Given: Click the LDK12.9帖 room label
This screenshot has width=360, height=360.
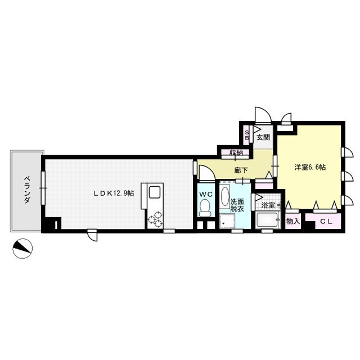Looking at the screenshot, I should [114, 193].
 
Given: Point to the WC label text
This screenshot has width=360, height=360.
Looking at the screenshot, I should [205, 194].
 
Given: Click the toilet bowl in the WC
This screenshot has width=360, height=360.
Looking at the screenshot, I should [205, 209].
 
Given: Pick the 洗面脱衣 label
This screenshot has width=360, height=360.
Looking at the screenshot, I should [237, 205].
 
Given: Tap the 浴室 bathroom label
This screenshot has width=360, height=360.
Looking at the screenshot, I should [267, 205].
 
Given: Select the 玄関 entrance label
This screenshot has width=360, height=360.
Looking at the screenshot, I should [263, 137].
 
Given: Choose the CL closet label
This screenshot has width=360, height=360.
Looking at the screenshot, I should [326, 221].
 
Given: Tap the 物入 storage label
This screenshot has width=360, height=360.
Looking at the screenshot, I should [293, 221].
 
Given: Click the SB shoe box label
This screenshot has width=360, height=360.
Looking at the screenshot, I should [246, 136].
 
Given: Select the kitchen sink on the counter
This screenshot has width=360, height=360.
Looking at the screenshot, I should [153, 192].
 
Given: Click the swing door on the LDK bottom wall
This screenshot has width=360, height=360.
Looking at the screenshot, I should [92, 236].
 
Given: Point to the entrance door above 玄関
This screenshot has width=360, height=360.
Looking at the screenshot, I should [261, 115].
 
